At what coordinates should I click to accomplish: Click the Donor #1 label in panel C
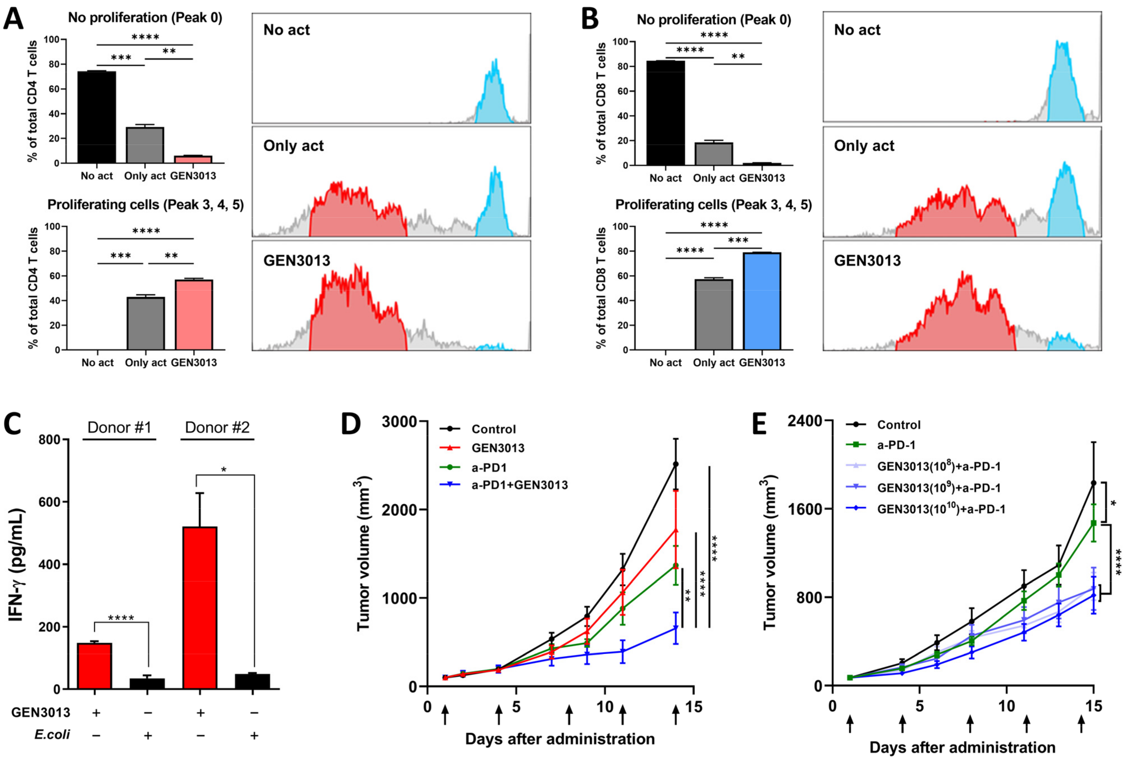119,427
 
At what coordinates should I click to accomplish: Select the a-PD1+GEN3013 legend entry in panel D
519,485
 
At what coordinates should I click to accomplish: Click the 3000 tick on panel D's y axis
400,421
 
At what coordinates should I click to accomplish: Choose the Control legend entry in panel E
898,425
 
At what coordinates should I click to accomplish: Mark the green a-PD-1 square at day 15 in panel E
1093,523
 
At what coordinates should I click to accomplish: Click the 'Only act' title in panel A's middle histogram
293,145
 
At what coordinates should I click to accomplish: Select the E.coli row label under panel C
52,734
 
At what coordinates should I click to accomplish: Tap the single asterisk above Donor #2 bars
224,470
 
